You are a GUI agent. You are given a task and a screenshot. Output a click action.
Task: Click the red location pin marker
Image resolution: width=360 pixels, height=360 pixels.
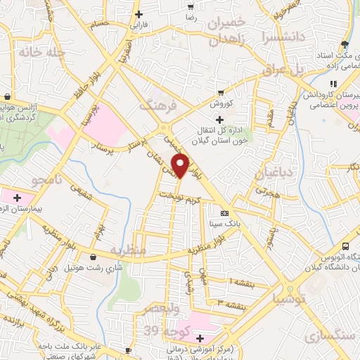click(x=181, y=166)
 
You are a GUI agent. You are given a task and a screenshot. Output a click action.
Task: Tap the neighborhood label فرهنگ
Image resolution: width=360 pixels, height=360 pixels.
click(x=156, y=106)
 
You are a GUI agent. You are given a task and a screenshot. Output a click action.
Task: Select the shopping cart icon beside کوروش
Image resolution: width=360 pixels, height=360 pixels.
click(x=221, y=92)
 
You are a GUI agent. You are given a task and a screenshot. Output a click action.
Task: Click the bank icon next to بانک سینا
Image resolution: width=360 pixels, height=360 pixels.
click(x=224, y=213)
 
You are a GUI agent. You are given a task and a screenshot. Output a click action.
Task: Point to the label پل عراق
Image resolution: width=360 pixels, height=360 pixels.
click(x=286, y=70)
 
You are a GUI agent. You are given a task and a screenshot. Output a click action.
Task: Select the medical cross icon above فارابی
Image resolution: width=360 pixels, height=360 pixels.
click(x=139, y=14)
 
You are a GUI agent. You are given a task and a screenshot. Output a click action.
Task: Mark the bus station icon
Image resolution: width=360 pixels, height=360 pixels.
click(x=345, y=246)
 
